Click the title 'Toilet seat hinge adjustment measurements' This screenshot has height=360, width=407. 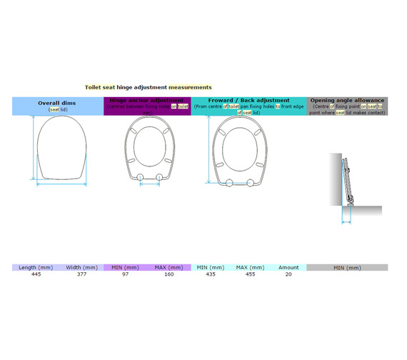click(x=148, y=87)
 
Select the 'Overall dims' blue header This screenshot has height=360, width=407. click(x=59, y=106)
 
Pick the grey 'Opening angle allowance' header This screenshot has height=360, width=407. click(x=347, y=106)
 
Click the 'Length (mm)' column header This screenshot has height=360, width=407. click(x=36, y=267)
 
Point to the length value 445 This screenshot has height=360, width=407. click(x=36, y=274)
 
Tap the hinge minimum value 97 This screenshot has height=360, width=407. click(x=126, y=274)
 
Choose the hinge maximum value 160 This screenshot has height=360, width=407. click(x=169, y=274)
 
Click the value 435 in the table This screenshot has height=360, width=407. click(x=210, y=274)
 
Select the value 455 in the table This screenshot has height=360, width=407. click(x=250, y=274)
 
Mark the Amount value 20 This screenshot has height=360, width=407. click(x=288, y=274)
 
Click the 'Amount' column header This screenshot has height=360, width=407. click(x=288, y=267)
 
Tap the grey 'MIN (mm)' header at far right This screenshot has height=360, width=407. click(x=347, y=267)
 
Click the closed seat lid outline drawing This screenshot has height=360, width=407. click(x=61, y=149)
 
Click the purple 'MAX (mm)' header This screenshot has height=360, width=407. click(x=169, y=267)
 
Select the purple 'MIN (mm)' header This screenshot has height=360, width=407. click(x=126, y=267)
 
